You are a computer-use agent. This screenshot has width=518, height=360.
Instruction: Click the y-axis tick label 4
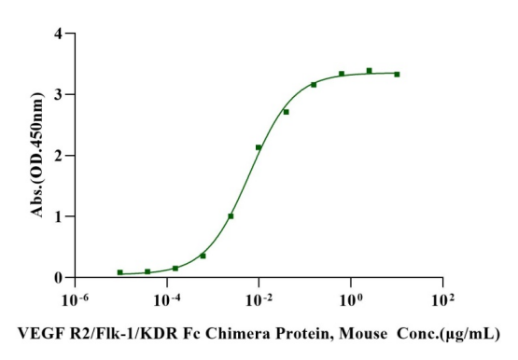58,34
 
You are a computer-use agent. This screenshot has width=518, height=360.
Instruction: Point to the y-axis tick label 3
58,95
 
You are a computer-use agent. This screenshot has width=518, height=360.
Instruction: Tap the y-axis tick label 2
58,156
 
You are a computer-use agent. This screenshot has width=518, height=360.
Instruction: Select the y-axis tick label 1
58,216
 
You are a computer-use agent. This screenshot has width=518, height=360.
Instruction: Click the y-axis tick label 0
58,278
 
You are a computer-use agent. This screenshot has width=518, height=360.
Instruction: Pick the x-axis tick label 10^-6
75,300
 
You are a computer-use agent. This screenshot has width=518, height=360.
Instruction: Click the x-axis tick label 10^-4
167,300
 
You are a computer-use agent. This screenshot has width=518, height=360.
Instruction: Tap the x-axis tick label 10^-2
259,300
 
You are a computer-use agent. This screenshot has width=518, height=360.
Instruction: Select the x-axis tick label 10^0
351,300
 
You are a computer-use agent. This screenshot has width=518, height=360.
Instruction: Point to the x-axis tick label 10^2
443,300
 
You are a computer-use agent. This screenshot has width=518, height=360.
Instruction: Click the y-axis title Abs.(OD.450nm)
37,155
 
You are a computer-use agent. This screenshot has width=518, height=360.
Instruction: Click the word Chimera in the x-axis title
236,334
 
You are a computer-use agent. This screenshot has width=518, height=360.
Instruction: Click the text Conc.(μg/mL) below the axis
448,334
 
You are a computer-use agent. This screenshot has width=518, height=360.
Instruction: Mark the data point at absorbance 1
231,216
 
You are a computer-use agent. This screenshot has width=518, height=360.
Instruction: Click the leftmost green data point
119,272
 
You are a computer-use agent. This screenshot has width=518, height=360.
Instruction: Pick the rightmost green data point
397,75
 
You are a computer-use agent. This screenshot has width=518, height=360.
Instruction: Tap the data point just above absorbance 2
259,147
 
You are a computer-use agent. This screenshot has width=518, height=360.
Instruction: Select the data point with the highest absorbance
369,71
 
